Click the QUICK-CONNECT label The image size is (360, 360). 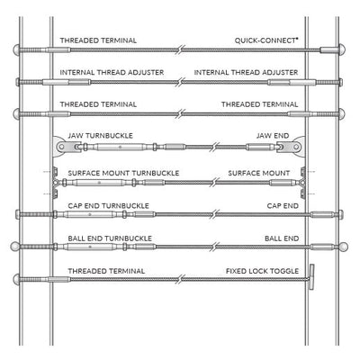(x=265, y=40)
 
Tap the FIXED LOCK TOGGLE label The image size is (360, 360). (x=262, y=271)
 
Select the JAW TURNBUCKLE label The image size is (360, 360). (x=100, y=136)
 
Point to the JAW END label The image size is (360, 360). (x=273, y=136)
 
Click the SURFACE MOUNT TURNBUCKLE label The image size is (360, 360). (x=123, y=173)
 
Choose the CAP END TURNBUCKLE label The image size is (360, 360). (x=108, y=206)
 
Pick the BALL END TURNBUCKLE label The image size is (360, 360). (x=110, y=238)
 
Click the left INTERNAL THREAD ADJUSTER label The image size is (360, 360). (x=112, y=73)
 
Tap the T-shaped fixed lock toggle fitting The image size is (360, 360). (x=311, y=277)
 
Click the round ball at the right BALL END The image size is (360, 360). (x=344, y=247)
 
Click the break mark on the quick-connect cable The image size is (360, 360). (x=180, y=49)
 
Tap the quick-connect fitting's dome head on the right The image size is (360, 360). (x=341, y=49)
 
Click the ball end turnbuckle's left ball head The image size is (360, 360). (x=15, y=247)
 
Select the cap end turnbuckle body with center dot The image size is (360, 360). (x=89, y=214)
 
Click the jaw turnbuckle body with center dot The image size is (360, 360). (x=120, y=147)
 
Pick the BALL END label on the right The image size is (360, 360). (x=282, y=238)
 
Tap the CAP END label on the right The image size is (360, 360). (x=283, y=206)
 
